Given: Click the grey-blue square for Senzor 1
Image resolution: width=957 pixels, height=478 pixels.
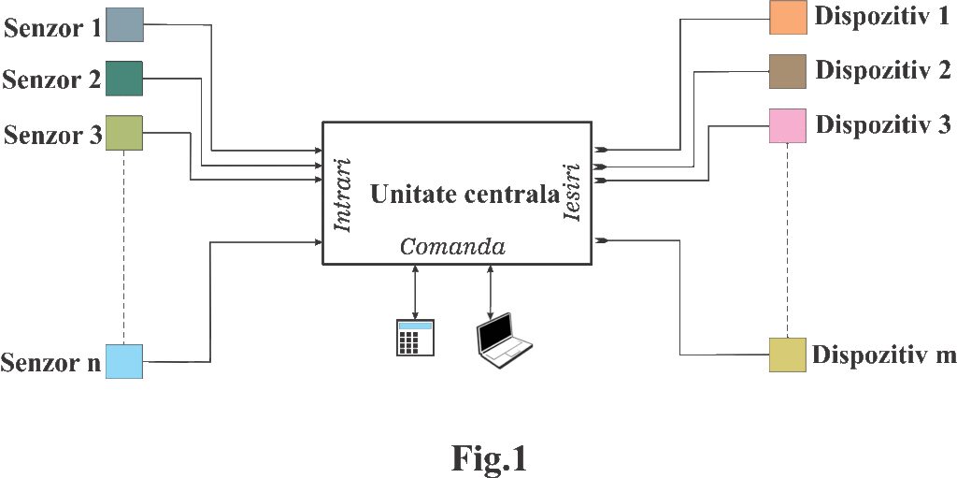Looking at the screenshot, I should pyautogui.click(x=124, y=24).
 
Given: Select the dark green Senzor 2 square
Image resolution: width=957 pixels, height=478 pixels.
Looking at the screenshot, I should pyautogui.click(x=123, y=78).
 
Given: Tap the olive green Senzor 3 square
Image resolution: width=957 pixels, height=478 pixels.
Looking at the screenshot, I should pyautogui.click(x=122, y=132).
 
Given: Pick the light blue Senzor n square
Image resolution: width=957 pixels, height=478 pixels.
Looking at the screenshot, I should pyautogui.click(x=123, y=361).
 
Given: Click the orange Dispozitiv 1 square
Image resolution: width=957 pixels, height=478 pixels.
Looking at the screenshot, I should pyautogui.click(x=788, y=18).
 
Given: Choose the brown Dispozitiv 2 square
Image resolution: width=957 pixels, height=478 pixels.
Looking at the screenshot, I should pyautogui.click(x=788, y=71).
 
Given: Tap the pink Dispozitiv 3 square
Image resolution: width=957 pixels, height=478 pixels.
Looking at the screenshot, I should pyautogui.click(x=788, y=125).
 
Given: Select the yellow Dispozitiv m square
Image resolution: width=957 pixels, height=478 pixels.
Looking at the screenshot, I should pyautogui.click(x=788, y=355).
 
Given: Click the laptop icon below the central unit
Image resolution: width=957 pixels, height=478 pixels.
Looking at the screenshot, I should pyautogui.click(x=503, y=341).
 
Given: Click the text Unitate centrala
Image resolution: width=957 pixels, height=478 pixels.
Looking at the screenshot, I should pyautogui.click(x=464, y=196).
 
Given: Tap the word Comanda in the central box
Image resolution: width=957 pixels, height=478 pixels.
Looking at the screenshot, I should pyautogui.click(x=453, y=247).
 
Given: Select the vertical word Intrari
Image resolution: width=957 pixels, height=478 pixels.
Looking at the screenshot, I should pyautogui.click(x=342, y=196).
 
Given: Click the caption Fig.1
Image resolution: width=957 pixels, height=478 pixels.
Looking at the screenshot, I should pyautogui.click(x=490, y=457).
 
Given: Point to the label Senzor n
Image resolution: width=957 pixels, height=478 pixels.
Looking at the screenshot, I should pyautogui.click(x=51, y=362).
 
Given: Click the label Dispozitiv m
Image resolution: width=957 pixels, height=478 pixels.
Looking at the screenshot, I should pyautogui.click(x=883, y=355).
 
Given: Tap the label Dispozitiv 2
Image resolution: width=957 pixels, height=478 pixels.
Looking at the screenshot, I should pyautogui.click(x=883, y=71).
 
